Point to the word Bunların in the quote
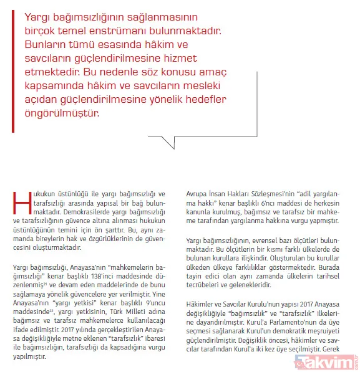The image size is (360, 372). (x=46, y=45)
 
